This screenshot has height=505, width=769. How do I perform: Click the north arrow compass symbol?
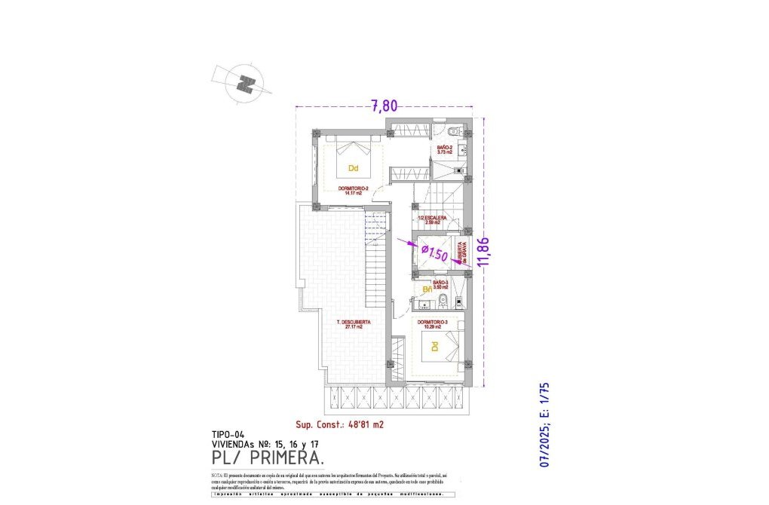pyautogui.click(x=244, y=83)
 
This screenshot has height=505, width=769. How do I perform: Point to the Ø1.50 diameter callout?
pyautogui.click(x=434, y=252)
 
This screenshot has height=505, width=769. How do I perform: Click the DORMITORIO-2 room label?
pyautogui.click(x=353, y=189)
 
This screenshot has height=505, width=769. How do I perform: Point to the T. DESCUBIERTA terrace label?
pyautogui.click(x=353, y=324)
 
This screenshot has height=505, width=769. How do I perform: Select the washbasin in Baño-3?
pyautogui.click(x=424, y=305)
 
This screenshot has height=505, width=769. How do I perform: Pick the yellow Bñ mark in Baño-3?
pyautogui.click(x=427, y=289)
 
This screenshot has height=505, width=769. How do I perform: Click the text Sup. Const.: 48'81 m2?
pyautogui.click(x=339, y=424)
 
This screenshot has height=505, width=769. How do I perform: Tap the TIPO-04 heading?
pyautogui.click(x=228, y=435)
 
